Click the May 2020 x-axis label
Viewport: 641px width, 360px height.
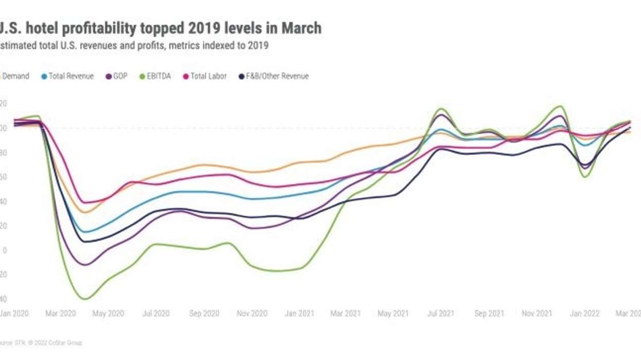tap(109, 313)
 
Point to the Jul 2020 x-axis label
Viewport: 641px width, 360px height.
tap(155, 313)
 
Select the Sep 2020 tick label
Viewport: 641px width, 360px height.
tap(204, 313)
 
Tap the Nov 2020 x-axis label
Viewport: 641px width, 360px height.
tap(252, 313)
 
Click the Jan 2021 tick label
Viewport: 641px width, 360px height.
tap(299, 313)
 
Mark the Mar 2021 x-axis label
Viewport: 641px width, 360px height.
tap(345, 313)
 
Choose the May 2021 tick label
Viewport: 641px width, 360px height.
tap(393, 313)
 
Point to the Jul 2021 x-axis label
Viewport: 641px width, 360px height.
tap(440, 313)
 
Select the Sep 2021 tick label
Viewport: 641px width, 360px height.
tap(489, 313)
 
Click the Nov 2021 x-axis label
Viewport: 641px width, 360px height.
tap(536, 313)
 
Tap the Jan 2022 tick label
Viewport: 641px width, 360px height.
tap(584, 313)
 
